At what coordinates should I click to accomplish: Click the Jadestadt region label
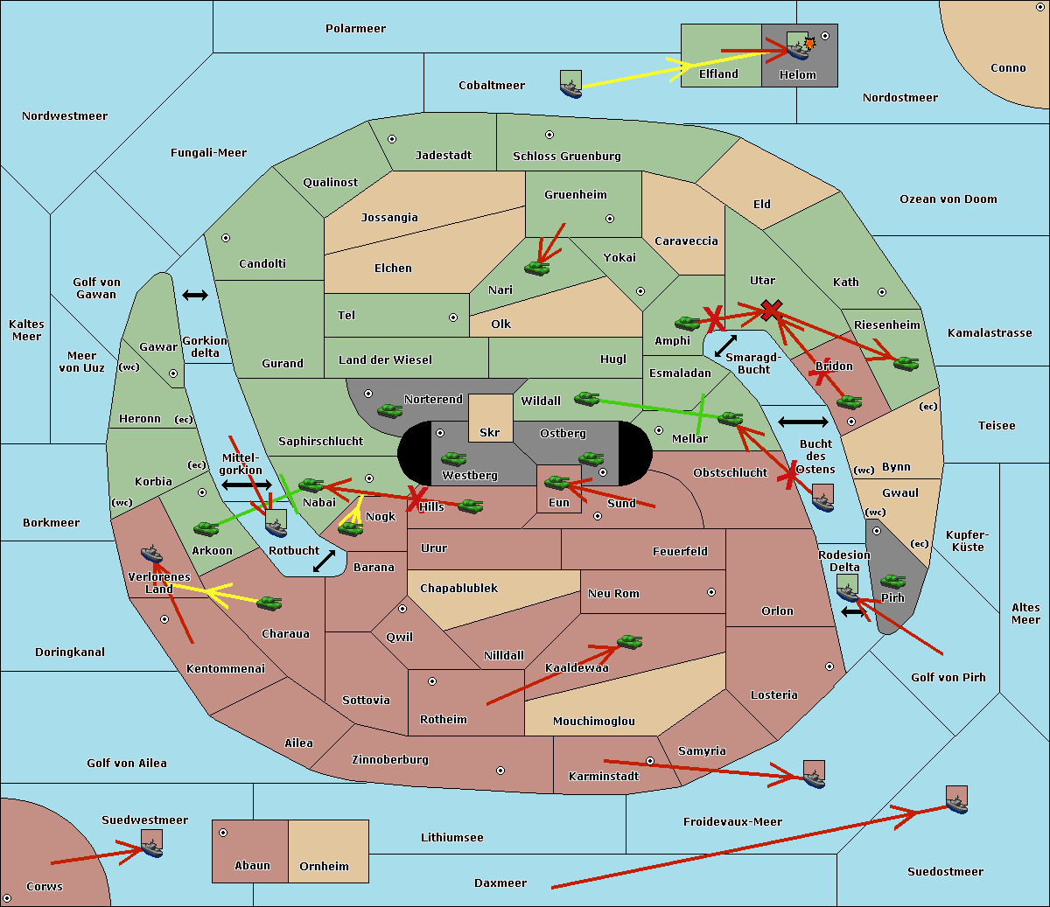[x=444, y=156]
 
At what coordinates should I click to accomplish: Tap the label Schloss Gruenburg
[x=567, y=156]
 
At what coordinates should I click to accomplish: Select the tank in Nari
[x=537, y=269]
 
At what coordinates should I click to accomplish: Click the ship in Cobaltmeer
[x=571, y=84]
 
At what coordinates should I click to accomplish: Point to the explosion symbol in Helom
[x=809, y=43]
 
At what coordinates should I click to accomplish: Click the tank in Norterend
[x=389, y=410]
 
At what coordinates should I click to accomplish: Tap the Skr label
[x=489, y=433]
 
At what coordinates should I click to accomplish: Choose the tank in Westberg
[x=453, y=459]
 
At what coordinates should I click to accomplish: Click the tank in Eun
[x=556, y=483]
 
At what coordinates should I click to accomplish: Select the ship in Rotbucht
[x=276, y=523]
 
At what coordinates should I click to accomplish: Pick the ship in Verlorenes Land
[x=151, y=554]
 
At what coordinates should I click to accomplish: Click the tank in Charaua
[x=269, y=604]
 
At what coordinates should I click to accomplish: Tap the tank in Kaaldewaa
[x=629, y=641]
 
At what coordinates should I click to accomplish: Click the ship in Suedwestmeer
[x=152, y=843]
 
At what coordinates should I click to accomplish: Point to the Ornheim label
[x=324, y=867]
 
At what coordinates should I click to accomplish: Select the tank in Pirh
[x=892, y=581]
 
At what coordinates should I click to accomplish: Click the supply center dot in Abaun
[x=223, y=833]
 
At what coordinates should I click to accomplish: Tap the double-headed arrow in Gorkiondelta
[x=195, y=295]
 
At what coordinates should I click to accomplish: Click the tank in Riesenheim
[x=906, y=364]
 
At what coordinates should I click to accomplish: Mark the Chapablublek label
[x=458, y=588]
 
